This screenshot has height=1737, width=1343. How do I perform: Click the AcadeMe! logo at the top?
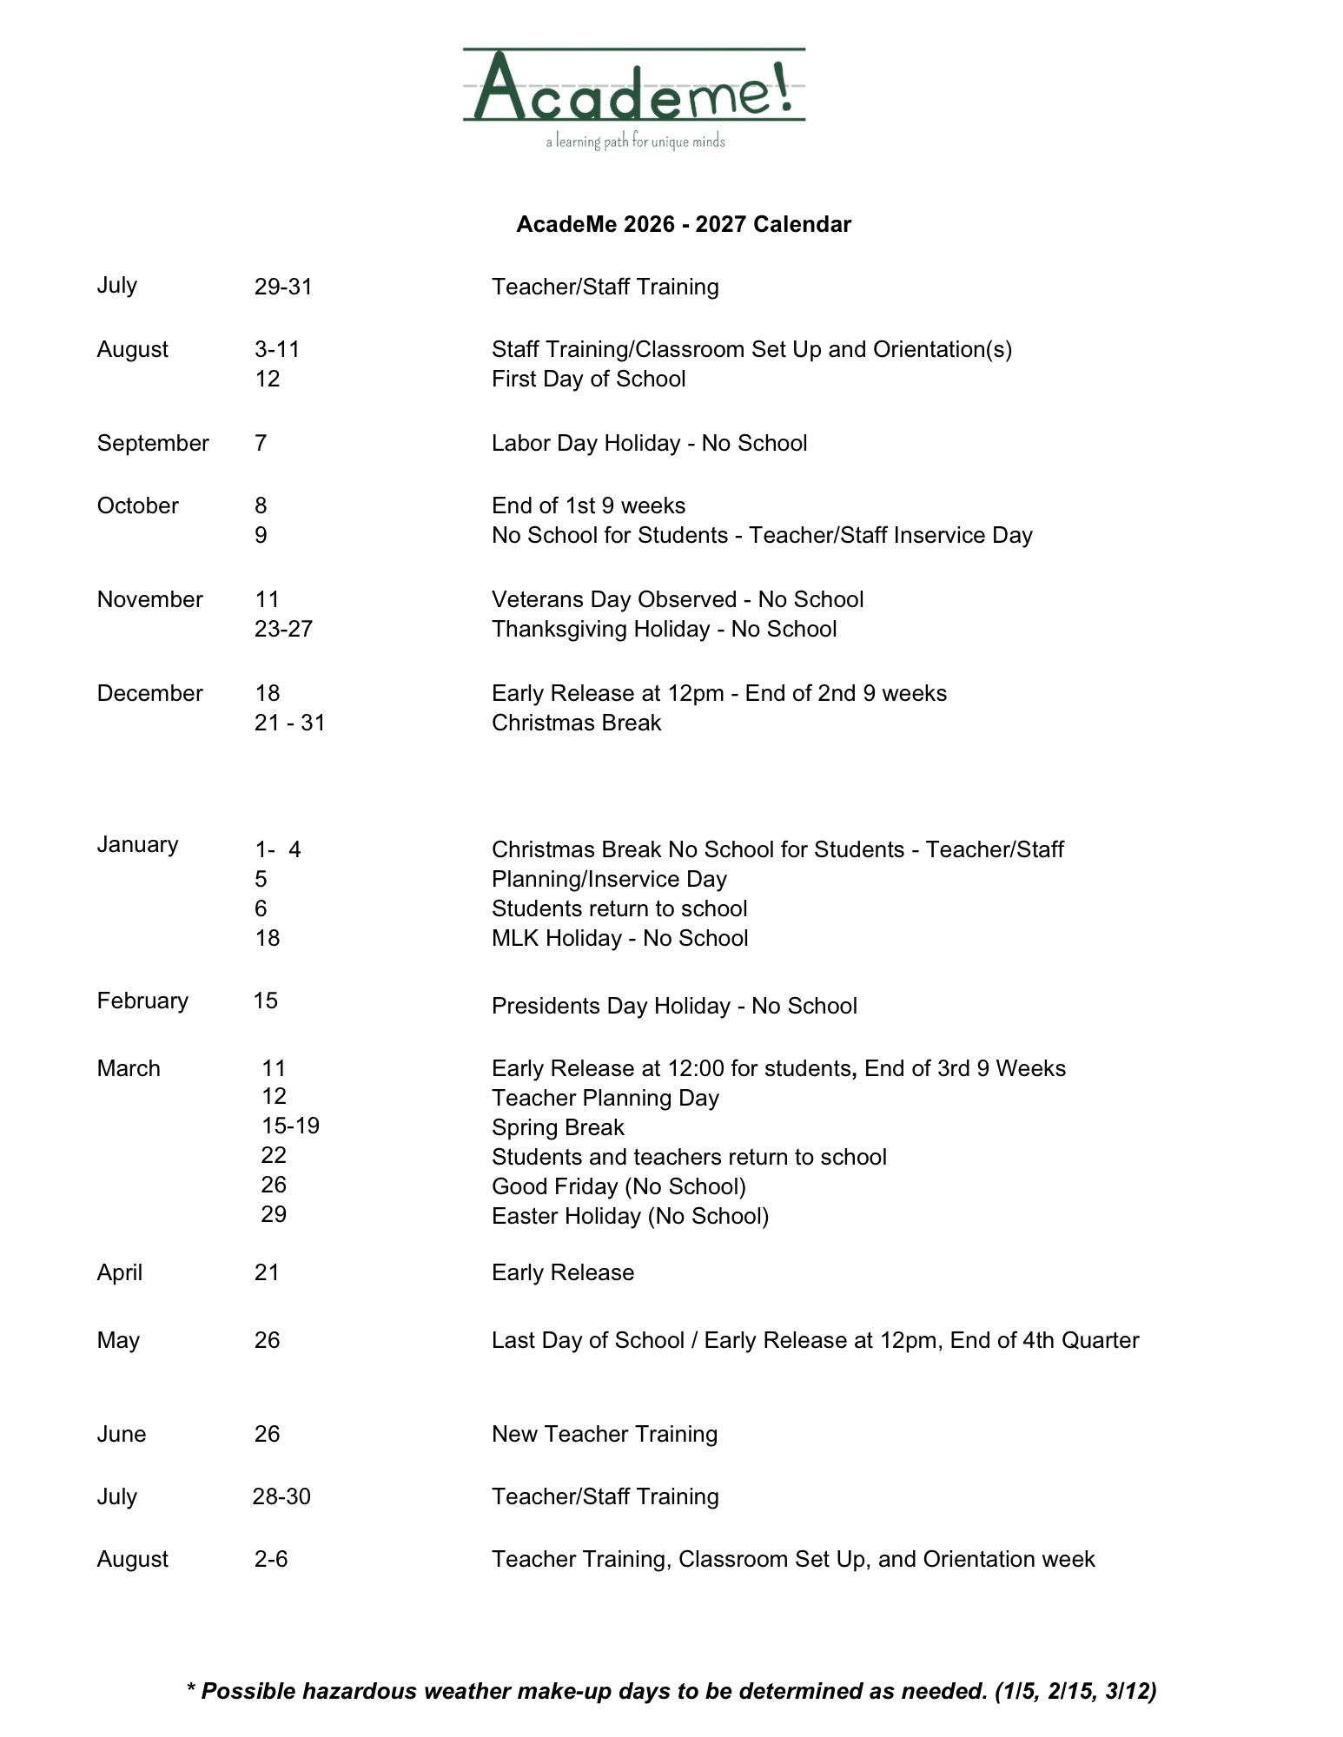coord(633,86)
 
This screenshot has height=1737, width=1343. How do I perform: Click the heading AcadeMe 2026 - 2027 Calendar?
coord(684,224)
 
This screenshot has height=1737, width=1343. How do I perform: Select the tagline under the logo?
coord(635,142)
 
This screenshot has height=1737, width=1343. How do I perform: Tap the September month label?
coord(153,443)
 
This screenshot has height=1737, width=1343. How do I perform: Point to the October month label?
coord(137,505)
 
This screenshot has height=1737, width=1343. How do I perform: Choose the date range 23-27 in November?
coord(283,629)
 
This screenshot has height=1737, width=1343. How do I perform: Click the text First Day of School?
coord(588,379)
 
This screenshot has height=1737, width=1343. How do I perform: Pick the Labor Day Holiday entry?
coord(649,443)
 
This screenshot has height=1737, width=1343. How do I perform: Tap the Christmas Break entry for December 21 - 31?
coord(576,723)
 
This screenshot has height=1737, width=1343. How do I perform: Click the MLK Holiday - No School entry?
coord(619,938)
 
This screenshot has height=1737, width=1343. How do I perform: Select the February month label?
coord(142,1001)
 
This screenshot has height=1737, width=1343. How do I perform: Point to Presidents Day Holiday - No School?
coord(674,1006)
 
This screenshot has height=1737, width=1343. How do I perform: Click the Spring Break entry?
coord(558,1127)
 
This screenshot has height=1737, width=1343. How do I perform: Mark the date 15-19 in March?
coord(290,1126)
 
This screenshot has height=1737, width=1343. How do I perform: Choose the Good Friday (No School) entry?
coord(619,1186)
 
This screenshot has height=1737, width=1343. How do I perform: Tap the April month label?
coord(120,1272)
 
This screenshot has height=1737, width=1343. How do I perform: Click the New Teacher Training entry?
coord(605,1434)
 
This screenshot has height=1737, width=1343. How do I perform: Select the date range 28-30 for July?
coord(281,1496)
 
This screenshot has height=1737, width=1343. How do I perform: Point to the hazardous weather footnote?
coord(671,1691)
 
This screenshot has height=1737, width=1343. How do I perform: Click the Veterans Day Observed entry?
coord(678,599)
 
